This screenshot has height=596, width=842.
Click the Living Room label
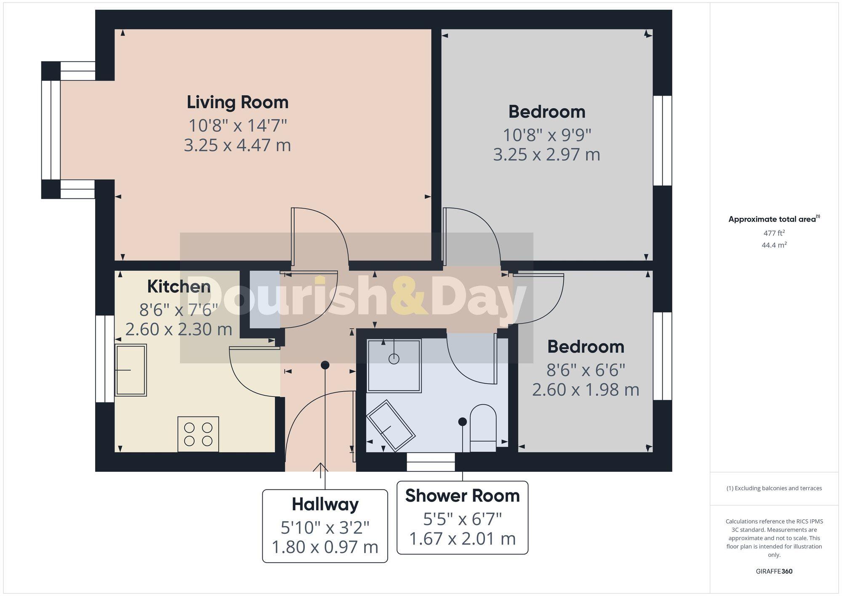click(x=237, y=102)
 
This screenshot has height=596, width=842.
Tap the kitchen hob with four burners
click(x=198, y=434)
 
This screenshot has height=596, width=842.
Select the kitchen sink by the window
click(x=131, y=370)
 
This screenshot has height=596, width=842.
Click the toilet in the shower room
click(x=482, y=428)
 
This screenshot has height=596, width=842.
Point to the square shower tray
click(x=394, y=366)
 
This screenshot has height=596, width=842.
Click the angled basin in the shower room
click(x=391, y=425)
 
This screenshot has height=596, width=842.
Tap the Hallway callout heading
click(x=325, y=504)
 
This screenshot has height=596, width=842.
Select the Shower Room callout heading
click(x=462, y=496)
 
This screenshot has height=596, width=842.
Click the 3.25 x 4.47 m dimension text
click(x=237, y=145)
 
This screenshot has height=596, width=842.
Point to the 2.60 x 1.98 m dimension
click(x=586, y=390)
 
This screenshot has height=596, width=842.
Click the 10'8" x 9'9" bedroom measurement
click(x=547, y=135)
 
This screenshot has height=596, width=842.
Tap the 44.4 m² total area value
click(x=774, y=245)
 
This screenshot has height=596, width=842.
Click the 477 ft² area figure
click(x=774, y=233)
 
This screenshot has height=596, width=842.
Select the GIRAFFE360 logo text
click(x=774, y=572)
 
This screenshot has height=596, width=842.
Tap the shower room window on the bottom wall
click(x=431, y=462)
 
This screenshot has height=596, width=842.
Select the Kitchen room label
click(x=179, y=287)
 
